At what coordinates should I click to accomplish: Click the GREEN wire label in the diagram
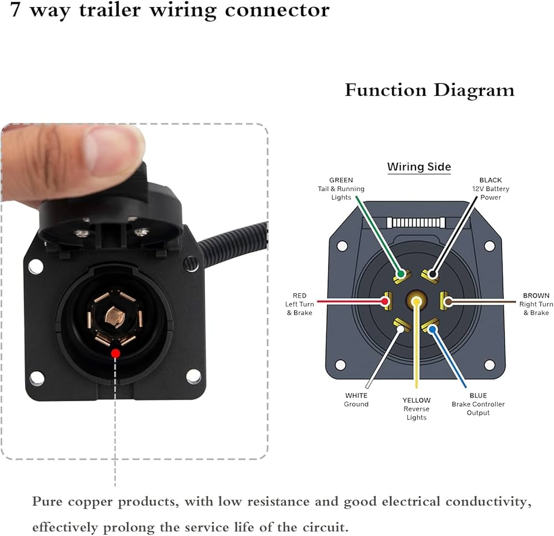tap(341, 189)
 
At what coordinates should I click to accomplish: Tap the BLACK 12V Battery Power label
tap(490, 189)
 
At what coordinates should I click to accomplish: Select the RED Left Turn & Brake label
tap(299, 304)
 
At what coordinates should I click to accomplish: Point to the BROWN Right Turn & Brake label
tap(536, 304)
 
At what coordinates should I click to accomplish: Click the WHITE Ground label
tap(356, 400)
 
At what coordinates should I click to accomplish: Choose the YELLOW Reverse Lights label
tap(417, 409)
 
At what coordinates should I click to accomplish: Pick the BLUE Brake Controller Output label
tap(478, 404)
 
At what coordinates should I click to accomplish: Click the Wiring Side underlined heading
tap(419, 167)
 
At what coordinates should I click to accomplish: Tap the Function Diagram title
tap(430, 90)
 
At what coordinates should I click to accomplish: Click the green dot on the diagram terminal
tap(401, 274)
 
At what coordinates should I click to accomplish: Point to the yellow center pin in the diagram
tap(417, 302)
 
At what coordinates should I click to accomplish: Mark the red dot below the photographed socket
tap(116, 353)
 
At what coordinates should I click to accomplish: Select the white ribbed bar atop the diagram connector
tap(416, 223)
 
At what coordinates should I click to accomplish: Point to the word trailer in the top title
tap(110, 9)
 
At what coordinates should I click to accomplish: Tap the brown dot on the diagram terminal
tap(448, 302)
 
